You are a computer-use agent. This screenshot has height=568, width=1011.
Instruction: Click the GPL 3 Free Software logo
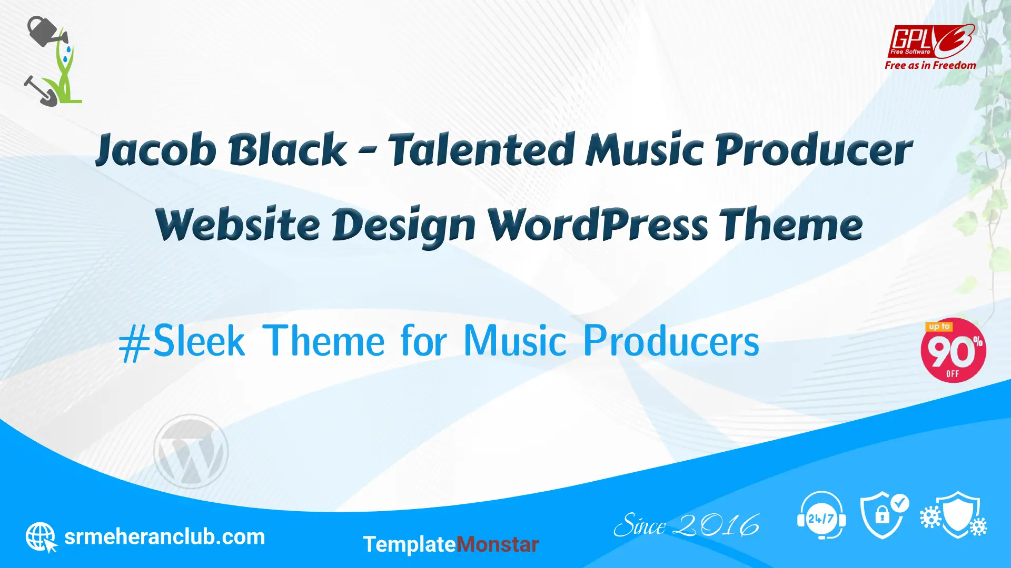tap(931, 40)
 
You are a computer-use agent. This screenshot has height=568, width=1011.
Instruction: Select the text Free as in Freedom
tap(930, 65)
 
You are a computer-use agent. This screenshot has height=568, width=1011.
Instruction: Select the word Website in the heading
tap(237, 225)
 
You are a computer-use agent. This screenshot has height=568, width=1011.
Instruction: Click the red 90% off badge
tap(953, 350)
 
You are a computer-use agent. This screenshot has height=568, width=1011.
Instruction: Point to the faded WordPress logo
tap(191, 451)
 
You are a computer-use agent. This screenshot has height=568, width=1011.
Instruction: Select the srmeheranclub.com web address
tap(164, 537)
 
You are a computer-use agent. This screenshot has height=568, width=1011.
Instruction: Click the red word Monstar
tap(498, 544)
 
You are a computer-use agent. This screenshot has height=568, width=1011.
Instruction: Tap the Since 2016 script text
tap(687, 525)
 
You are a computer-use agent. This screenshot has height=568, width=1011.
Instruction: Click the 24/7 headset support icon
tap(821, 515)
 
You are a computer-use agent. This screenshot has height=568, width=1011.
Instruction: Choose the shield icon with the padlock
tap(884, 515)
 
